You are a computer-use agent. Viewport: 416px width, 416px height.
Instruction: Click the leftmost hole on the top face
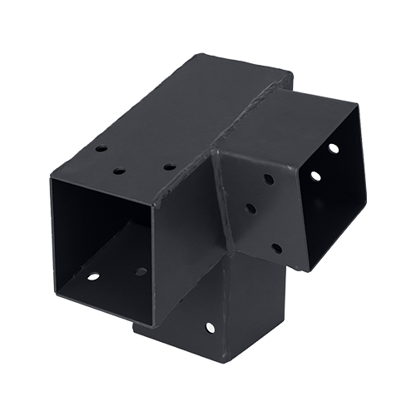[100, 151]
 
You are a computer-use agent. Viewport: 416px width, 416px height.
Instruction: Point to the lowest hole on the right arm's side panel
[274, 247]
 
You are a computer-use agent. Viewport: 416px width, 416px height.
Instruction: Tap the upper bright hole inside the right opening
[334, 148]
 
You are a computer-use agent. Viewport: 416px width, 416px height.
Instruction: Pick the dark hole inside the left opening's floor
[141, 271]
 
